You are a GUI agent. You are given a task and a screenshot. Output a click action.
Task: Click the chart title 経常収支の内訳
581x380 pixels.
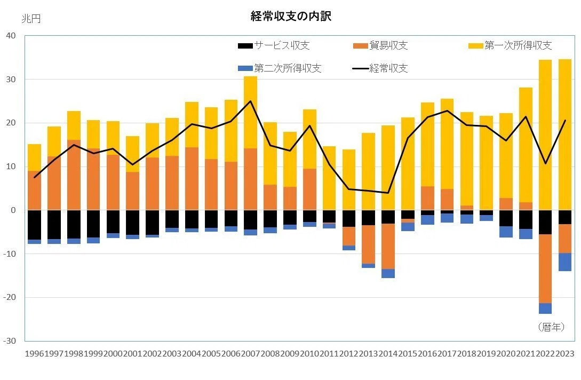291,17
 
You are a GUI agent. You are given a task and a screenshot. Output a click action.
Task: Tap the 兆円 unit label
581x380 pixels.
31,19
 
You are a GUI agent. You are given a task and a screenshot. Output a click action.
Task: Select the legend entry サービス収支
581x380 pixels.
274,45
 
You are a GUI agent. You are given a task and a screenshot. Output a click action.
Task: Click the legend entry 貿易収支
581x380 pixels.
380,45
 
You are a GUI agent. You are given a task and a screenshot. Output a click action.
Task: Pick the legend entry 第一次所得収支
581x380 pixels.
510,45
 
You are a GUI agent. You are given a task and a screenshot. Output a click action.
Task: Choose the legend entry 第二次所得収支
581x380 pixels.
280,68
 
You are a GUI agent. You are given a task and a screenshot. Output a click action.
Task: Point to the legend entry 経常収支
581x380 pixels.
380,68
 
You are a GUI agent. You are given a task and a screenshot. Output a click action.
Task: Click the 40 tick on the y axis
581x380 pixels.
11,36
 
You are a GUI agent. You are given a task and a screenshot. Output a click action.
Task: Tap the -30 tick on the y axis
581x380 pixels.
10,341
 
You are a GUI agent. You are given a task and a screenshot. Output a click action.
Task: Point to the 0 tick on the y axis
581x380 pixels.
13,210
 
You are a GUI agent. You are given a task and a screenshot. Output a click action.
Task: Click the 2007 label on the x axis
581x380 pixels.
250,354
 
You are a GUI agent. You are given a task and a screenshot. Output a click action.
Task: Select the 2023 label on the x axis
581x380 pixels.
564,354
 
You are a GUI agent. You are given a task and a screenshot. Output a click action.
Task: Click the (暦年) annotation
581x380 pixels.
551,327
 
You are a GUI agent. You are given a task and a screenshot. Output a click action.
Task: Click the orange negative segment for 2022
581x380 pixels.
545,269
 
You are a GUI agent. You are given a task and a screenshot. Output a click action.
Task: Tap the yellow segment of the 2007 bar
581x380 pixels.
250,112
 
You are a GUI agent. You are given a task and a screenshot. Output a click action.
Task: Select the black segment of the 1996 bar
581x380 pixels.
35,225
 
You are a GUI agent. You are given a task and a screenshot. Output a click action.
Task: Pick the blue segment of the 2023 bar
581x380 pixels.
564,262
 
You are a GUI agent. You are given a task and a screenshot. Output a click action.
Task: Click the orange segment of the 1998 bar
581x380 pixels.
74,175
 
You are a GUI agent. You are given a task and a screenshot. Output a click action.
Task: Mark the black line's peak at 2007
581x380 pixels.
250,101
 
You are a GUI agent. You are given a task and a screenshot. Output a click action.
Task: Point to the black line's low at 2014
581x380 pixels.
388,193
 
